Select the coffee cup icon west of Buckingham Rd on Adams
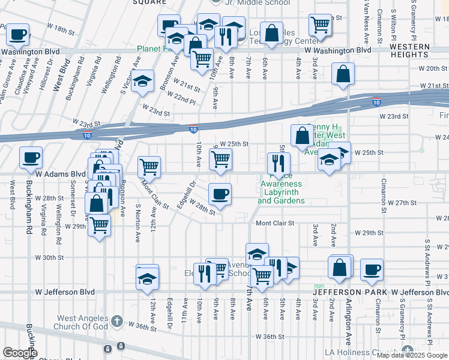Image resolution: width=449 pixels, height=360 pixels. pos(31,158)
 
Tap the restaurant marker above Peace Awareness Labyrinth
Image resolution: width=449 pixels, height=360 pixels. pos(279,162)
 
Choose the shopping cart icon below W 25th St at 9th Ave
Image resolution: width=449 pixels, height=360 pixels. pos(220,160)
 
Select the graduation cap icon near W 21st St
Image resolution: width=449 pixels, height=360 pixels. pos(143,82)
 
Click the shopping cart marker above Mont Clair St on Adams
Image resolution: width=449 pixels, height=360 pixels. pos(149,167)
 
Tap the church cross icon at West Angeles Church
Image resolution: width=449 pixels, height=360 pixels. pos(116,321)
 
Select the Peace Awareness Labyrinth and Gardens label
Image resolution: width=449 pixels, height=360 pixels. pos(281,192)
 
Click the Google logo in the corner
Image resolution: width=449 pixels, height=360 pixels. pos(19,353)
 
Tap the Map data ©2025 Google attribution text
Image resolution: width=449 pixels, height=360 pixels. pos(412,355)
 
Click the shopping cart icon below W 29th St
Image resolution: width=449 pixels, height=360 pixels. pos(100,226)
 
